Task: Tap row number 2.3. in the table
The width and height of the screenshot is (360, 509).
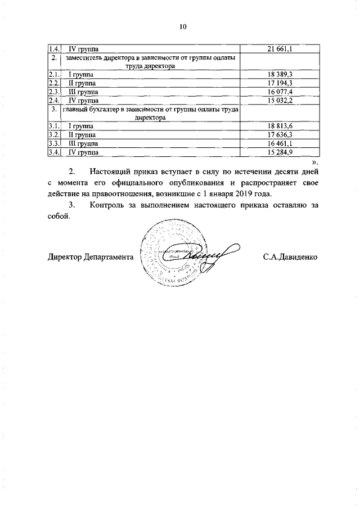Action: coord(54,91)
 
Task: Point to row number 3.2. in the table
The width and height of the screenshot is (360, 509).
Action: coord(54,135)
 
